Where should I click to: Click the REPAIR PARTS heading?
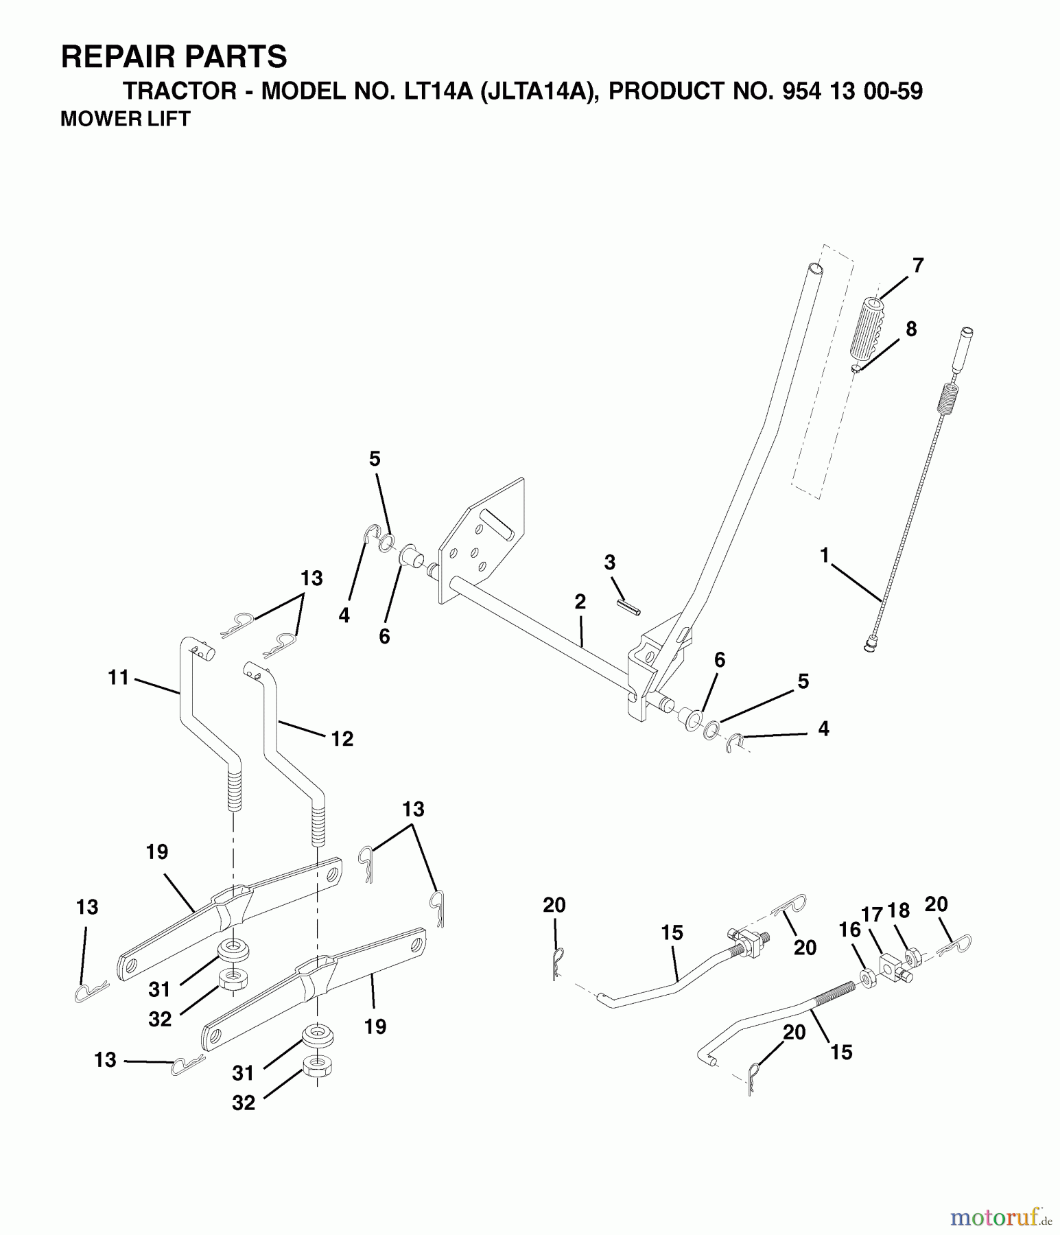coord(174,57)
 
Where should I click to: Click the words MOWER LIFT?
coord(125,119)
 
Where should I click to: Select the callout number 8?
coord(910,329)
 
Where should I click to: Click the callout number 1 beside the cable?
coord(824,554)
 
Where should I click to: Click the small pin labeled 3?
coord(628,607)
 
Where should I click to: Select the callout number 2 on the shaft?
coord(580,602)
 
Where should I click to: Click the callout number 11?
coord(118,678)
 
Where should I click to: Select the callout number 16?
coord(849,930)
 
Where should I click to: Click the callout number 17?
coord(872,915)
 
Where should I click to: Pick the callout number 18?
coord(898,910)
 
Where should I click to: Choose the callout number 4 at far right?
coord(823,729)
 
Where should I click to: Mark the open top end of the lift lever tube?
coord(814,268)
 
